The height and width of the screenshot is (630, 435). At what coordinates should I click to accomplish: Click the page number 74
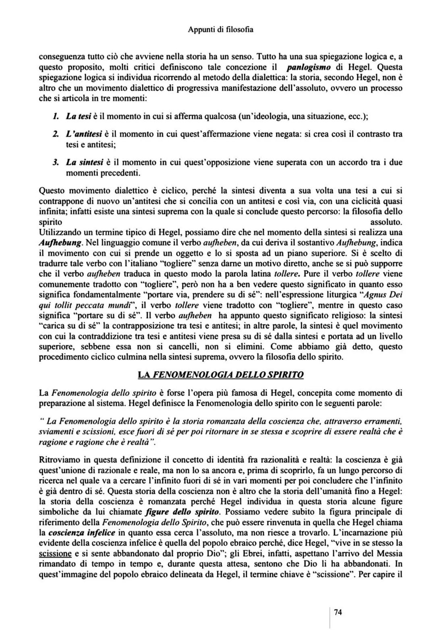click(x=338, y=612)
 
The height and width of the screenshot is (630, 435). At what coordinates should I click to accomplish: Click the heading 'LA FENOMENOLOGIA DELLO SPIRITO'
click(x=220, y=375)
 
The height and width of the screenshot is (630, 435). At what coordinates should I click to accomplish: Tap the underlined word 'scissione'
click(x=55, y=554)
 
